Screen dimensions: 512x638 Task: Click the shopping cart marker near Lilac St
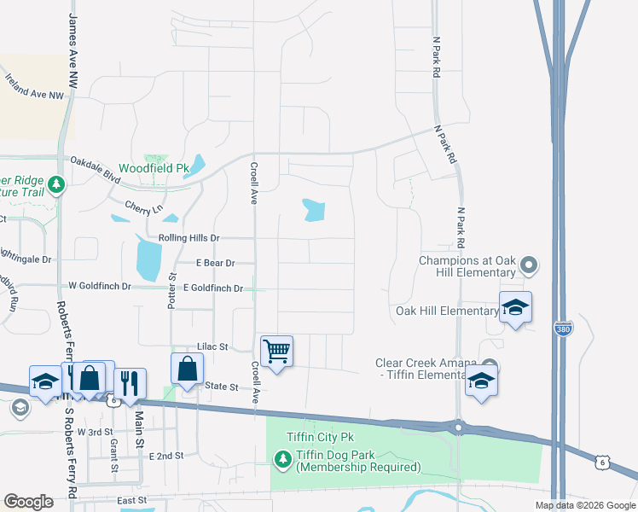point(276,350)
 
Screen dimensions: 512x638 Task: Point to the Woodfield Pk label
point(153,168)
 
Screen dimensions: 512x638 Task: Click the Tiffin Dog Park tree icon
point(282,461)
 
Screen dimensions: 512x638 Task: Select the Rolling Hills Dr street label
point(188,238)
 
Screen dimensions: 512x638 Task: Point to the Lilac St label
point(212,347)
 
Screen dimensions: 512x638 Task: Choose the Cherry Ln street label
point(143,207)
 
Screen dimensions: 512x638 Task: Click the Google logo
point(28,502)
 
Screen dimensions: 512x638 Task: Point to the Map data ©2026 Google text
point(584,505)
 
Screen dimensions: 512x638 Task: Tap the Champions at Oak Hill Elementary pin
point(529,266)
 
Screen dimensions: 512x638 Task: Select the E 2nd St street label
point(166,457)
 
